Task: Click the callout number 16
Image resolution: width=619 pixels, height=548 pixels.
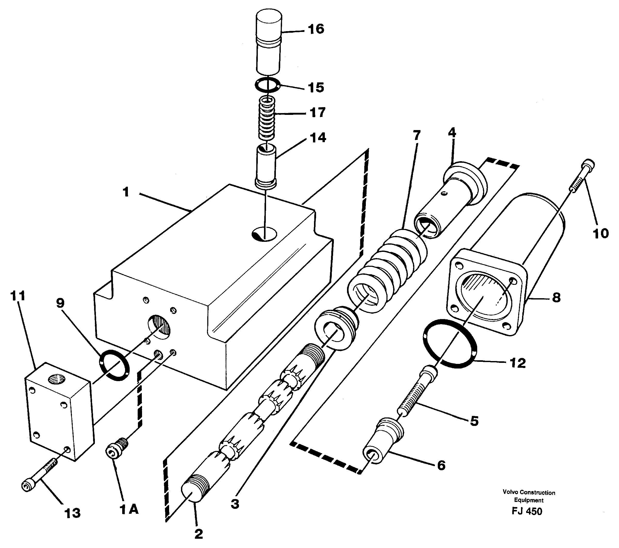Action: coord(316,29)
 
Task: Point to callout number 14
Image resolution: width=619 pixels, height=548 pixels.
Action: coord(318,138)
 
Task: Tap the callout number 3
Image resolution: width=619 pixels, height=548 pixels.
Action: coord(235,504)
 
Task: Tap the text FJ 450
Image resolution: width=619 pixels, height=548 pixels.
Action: coord(527,511)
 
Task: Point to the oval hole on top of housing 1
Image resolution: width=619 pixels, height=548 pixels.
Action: coord(264,234)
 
